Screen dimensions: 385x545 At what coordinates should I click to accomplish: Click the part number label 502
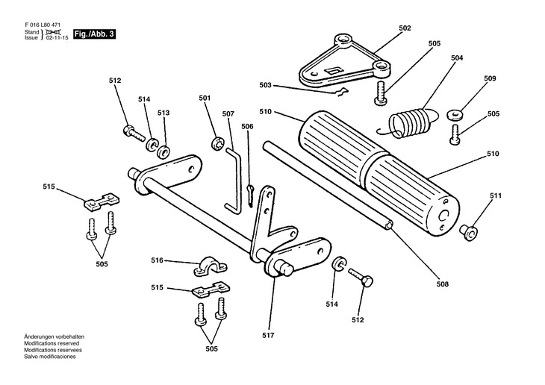[x=405, y=28]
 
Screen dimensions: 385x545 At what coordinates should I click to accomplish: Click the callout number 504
[x=457, y=57]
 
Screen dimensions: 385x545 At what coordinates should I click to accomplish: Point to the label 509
[x=490, y=78]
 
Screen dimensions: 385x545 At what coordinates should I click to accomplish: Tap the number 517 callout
[x=269, y=336]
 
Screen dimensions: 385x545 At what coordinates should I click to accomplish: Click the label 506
[x=247, y=127]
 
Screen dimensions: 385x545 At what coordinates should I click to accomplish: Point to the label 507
[x=228, y=114]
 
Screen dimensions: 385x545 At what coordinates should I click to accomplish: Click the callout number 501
[x=205, y=98]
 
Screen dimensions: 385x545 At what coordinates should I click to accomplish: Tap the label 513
[x=163, y=113]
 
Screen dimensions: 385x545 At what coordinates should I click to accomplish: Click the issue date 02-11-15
[x=57, y=37]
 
